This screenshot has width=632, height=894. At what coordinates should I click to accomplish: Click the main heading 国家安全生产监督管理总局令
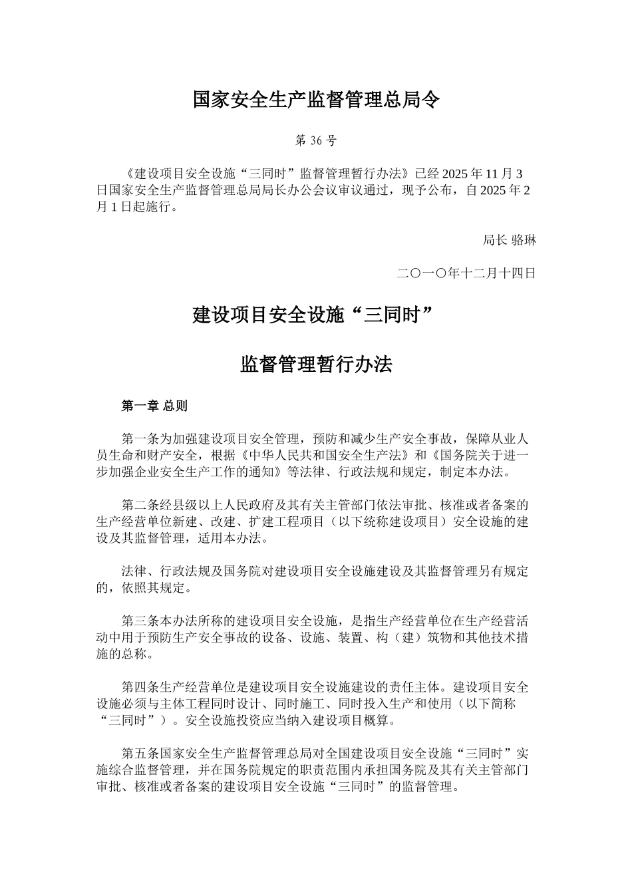[316, 100]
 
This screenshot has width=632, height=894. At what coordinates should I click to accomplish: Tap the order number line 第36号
[316, 140]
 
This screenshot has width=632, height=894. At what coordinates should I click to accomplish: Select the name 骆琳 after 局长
[524, 240]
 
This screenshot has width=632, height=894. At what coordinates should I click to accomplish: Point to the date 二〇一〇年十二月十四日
[466, 273]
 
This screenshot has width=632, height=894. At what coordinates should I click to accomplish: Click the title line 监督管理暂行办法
[316, 364]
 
